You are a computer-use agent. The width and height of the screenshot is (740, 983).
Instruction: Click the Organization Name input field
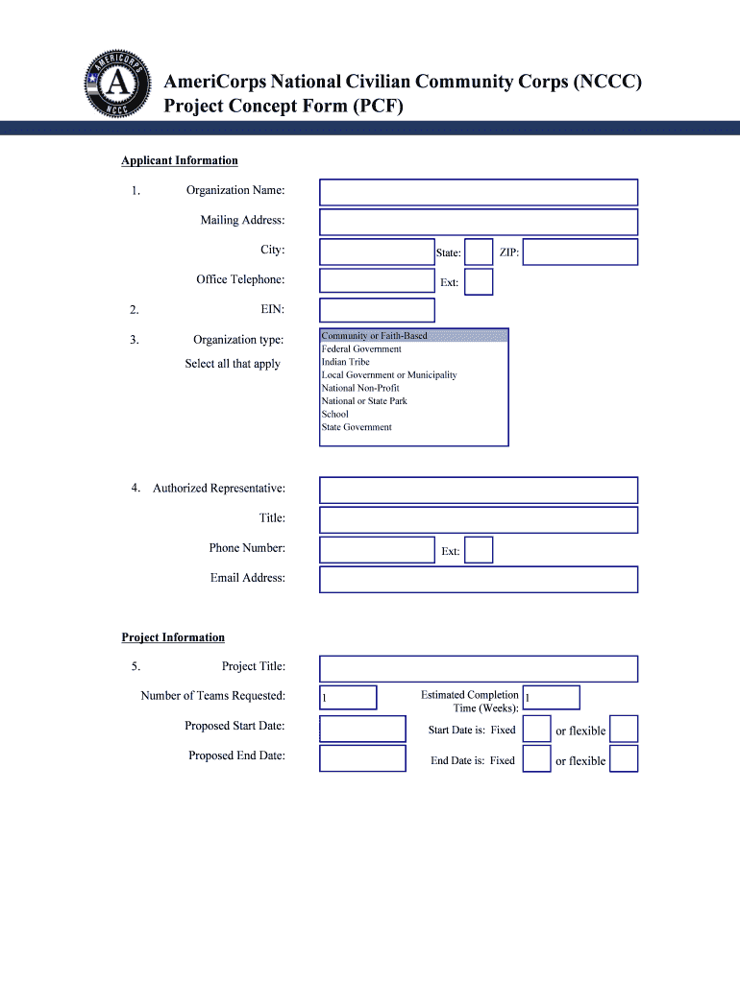[x=478, y=192]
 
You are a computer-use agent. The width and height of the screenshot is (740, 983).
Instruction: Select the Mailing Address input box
[x=478, y=222]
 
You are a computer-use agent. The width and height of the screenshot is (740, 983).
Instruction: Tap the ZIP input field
[x=580, y=252]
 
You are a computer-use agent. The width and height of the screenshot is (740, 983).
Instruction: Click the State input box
[x=479, y=252]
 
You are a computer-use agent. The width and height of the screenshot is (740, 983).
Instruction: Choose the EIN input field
[x=377, y=310]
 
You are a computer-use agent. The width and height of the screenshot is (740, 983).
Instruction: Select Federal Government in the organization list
[x=361, y=349]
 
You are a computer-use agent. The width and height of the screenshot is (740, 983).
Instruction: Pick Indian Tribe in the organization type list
[x=346, y=362]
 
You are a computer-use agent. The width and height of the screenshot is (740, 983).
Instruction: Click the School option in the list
[x=335, y=414]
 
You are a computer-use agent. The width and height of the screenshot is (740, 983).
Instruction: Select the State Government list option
[x=357, y=427]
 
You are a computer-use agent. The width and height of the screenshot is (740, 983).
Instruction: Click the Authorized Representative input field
[x=478, y=491]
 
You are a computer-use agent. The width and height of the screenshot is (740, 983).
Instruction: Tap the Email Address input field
[x=478, y=580]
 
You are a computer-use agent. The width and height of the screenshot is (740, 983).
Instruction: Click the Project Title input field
[x=478, y=669]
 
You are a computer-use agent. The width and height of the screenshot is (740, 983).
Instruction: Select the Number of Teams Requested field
[x=348, y=698]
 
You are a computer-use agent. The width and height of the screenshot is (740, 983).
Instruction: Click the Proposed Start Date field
[x=362, y=729]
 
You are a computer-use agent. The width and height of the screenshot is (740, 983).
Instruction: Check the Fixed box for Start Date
[x=536, y=729]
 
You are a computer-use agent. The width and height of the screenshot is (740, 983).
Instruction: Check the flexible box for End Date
[x=624, y=759]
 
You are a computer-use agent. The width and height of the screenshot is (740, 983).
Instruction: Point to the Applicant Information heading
[x=180, y=160]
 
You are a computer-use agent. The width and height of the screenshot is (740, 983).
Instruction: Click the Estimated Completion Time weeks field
[x=551, y=698]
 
